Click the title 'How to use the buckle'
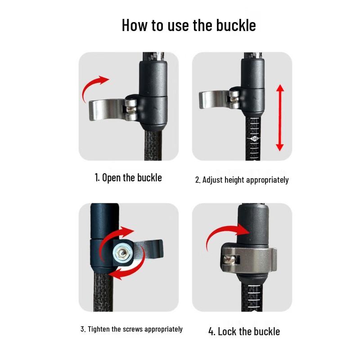[189, 25]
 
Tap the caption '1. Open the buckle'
[128, 178]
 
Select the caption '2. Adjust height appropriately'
[242, 180]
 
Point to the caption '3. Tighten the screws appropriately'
[131, 329]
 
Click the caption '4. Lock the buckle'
[244, 332]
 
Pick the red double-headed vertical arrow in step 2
[279, 117]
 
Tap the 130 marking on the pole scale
[254, 139]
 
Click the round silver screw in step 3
[122, 253]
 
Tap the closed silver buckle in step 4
[249, 259]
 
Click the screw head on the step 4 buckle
[229, 260]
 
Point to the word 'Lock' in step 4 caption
[227, 332]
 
